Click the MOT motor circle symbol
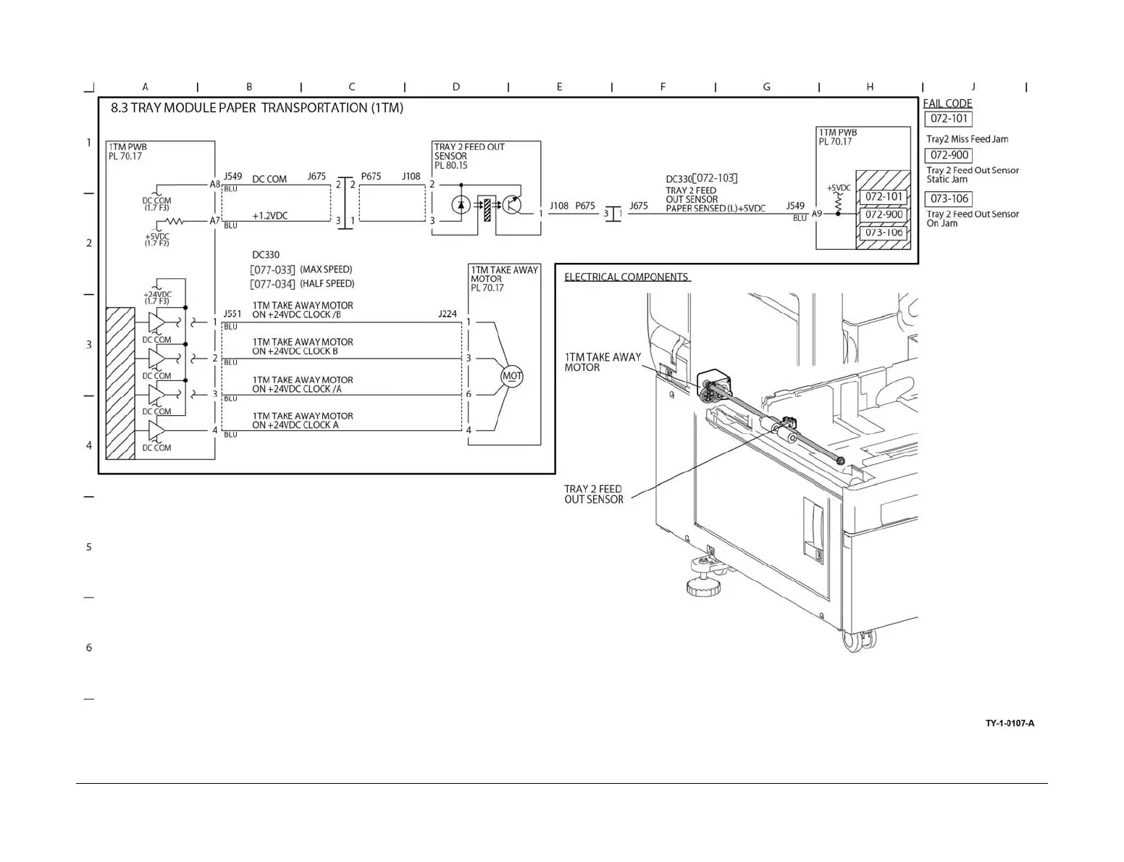tap(512, 376)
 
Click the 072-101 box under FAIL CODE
tap(949, 119)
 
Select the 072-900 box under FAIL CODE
tap(949, 155)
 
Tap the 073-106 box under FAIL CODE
tap(949, 198)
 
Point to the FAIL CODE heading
tap(947, 104)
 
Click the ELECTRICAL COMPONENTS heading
tap(626, 277)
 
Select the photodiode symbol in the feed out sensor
tap(461, 205)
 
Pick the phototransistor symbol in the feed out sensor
tap(512, 205)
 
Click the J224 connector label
tap(448, 314)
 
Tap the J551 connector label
tap(232, 314)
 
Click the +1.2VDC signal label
tap(269, 216)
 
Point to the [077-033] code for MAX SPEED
tap(272, 270)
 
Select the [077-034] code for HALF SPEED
tap(272, 285)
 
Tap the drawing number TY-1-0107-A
tap(1010, 723)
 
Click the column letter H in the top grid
tap(870, 87)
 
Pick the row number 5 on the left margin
tap(89, 547)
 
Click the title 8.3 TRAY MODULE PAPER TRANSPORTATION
tap(257, 108)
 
